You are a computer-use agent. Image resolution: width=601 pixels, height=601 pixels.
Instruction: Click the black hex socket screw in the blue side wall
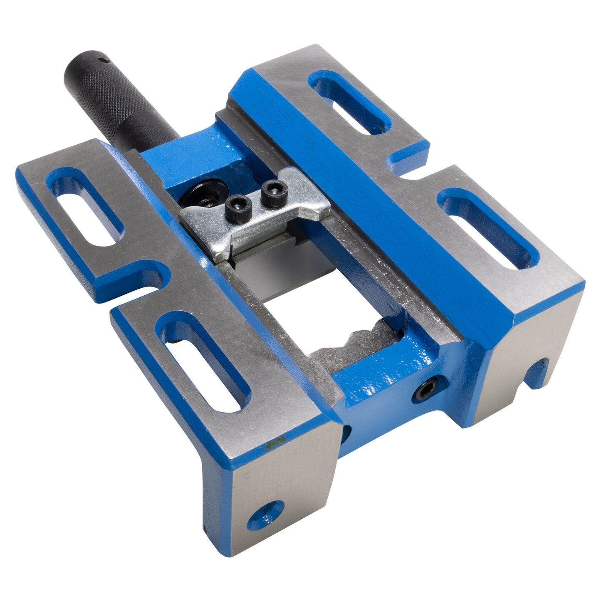428,389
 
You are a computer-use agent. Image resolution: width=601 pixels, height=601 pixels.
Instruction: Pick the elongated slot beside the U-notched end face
487,227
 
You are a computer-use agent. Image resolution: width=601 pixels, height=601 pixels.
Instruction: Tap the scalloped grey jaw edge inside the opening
358,339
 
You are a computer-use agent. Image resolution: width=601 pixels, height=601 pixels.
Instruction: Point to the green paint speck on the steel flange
271,445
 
